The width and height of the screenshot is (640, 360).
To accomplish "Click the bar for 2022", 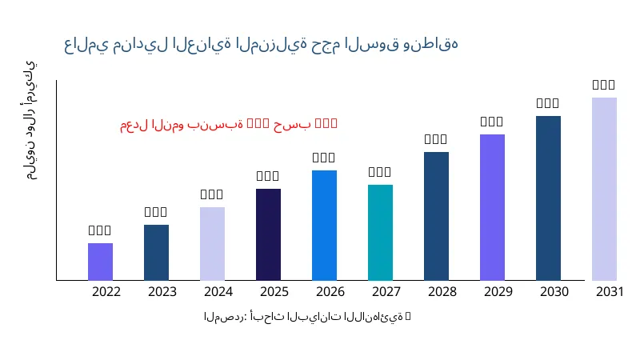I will pos(100,262).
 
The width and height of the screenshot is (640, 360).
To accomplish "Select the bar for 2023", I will pos(156,252).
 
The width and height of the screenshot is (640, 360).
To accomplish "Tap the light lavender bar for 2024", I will pos(212,243).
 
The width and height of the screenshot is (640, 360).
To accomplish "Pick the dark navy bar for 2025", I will pos(268,234).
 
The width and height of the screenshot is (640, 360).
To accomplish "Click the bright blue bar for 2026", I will pos(324,225).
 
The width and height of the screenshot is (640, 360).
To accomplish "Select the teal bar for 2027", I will pos(380,232).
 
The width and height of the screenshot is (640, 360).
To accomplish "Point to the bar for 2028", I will pos(436,216).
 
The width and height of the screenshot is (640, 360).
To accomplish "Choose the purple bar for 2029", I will pos(492,207).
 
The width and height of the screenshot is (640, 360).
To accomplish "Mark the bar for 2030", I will pos(548,198).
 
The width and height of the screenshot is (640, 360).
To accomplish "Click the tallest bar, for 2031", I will pos(604,189).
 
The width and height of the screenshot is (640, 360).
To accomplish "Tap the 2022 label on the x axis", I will pos(106,292).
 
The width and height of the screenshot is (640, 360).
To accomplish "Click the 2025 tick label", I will pos(274,292).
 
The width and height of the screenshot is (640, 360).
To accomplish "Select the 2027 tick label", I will pos(386,292).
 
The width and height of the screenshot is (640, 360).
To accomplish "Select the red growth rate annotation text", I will pos(229,124).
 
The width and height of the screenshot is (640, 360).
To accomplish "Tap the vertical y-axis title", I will pos(30,120).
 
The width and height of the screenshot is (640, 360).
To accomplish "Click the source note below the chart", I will pos(307,318).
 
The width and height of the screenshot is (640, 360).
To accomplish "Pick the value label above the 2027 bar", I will pos(380,171).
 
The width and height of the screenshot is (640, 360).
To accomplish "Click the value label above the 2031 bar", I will pos(604,84).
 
